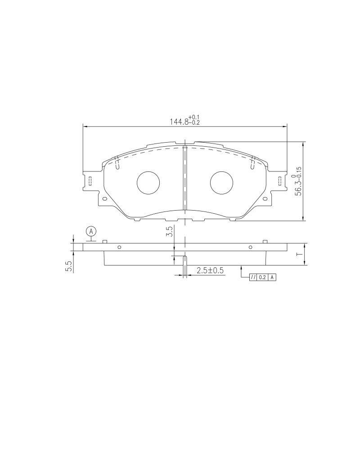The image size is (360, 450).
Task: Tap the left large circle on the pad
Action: (x=148, y=183)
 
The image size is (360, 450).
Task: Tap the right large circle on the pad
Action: (x=222, y=183)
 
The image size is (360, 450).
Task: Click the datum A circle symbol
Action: (x=91, y=231)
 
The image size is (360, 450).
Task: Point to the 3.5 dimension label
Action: (x=169, y=231)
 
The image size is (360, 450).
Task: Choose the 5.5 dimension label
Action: (x=68, y=267)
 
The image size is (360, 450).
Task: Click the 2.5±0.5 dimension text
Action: (x=210, y=270)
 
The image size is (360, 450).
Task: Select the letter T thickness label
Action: (x=299, y=254)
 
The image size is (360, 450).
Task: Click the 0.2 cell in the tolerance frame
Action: (x=262, y=278)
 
